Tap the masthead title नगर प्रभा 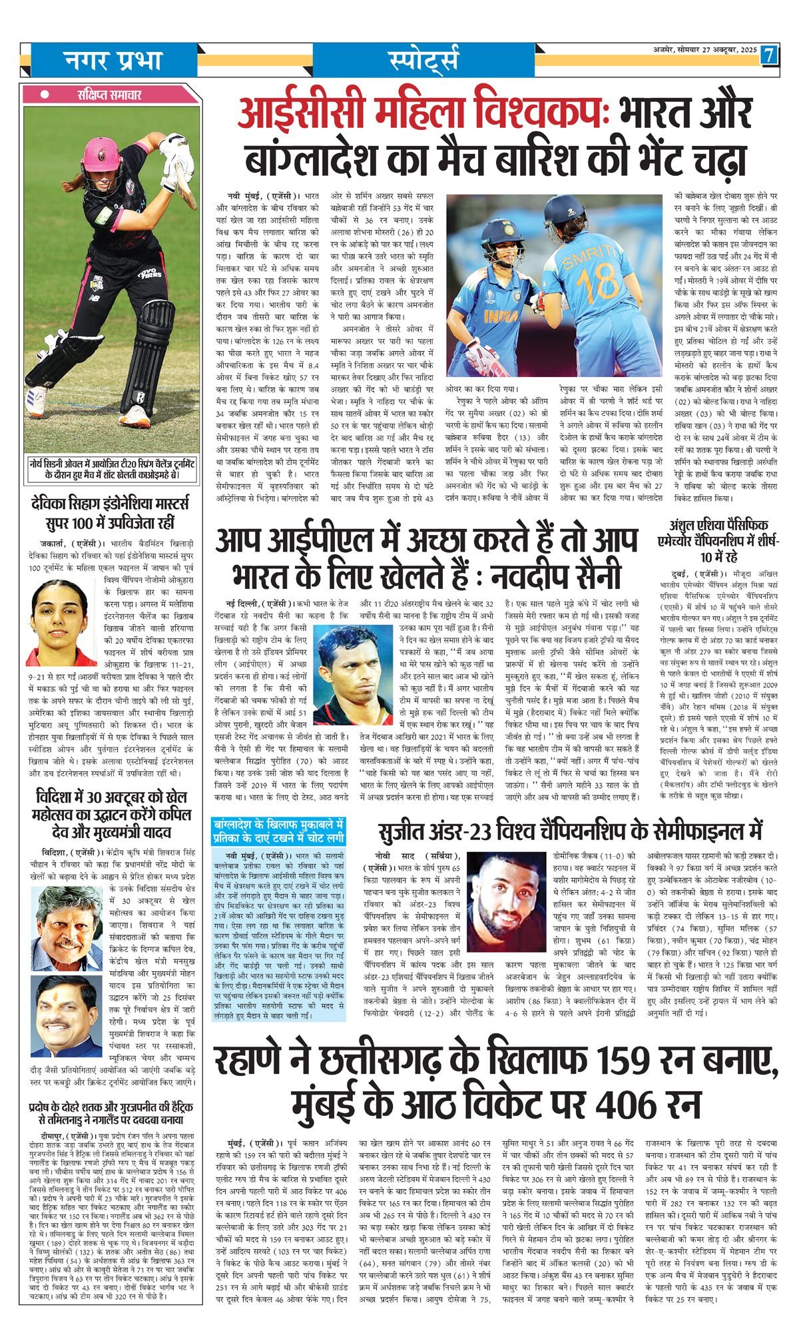click(113, 61)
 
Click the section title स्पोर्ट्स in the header click(422, 61)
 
